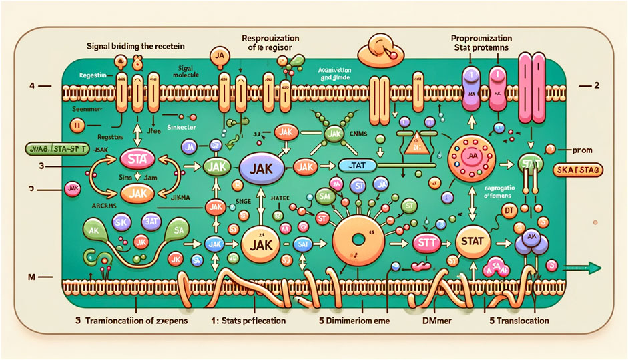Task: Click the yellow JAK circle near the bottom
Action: coord(257,244)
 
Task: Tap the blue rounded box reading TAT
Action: coord(358,165)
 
